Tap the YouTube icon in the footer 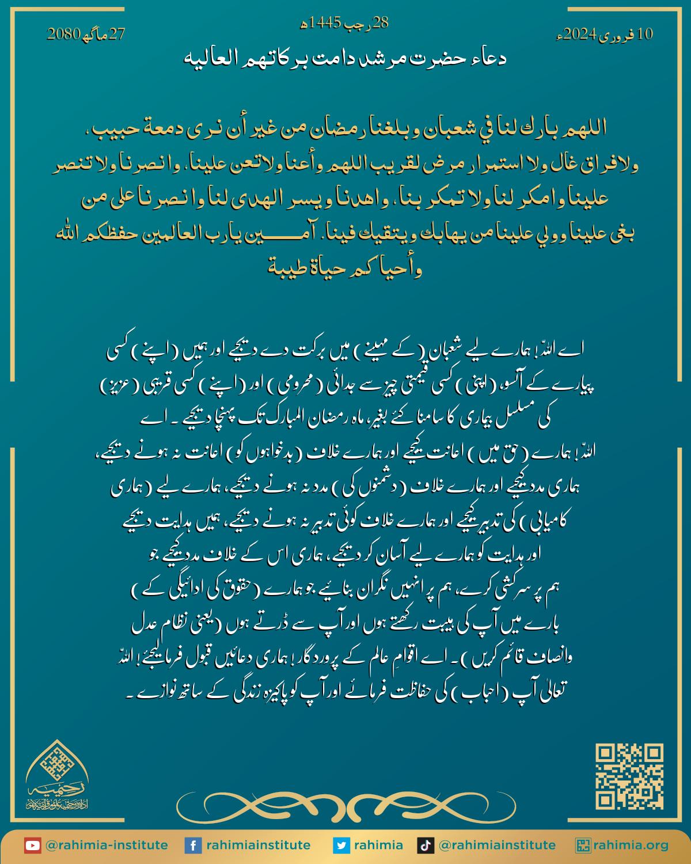click(x=32, y=846)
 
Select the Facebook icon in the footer click(x=192, y=846)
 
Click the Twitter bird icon click(x=341, y=846)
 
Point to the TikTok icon click(x=425, y=846)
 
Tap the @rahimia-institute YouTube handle click(x=107, y=846)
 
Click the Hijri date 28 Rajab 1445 click(x=345, y=23)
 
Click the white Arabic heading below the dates click(x=345, y=58)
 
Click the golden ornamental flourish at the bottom click(x=345, y=802)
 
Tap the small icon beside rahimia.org click(x=584, y=846)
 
